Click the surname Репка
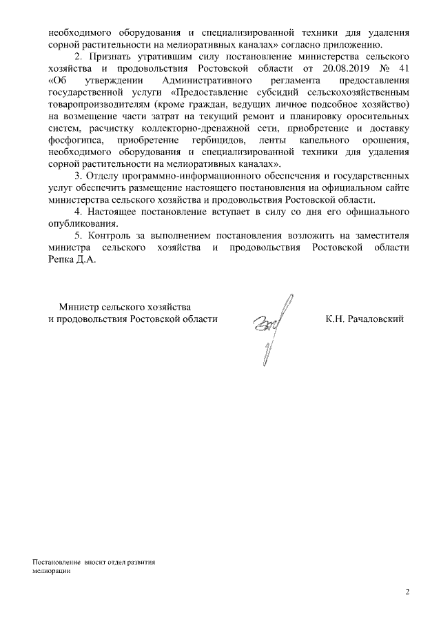57,261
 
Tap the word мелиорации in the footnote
51,572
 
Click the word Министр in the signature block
76,307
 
